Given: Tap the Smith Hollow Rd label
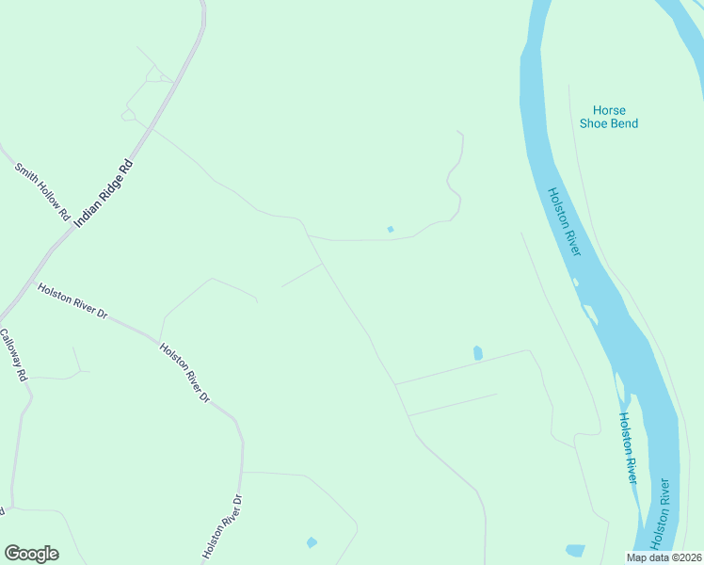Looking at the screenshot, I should click(42, 191).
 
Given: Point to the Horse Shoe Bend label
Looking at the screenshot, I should click(609, 117).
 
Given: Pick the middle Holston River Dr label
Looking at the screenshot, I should click(184, 373).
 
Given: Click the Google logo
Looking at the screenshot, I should click(31, 554).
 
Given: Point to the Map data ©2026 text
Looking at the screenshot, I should click(664, 557).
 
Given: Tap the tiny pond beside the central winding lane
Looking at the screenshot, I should click(391, 229).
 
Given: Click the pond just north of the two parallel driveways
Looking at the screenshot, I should click(478, 353).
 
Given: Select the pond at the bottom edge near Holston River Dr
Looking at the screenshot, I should click(312, 542).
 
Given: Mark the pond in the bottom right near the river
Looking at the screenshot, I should click(575, 550).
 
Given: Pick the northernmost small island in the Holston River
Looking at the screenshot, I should click(575, 281).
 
